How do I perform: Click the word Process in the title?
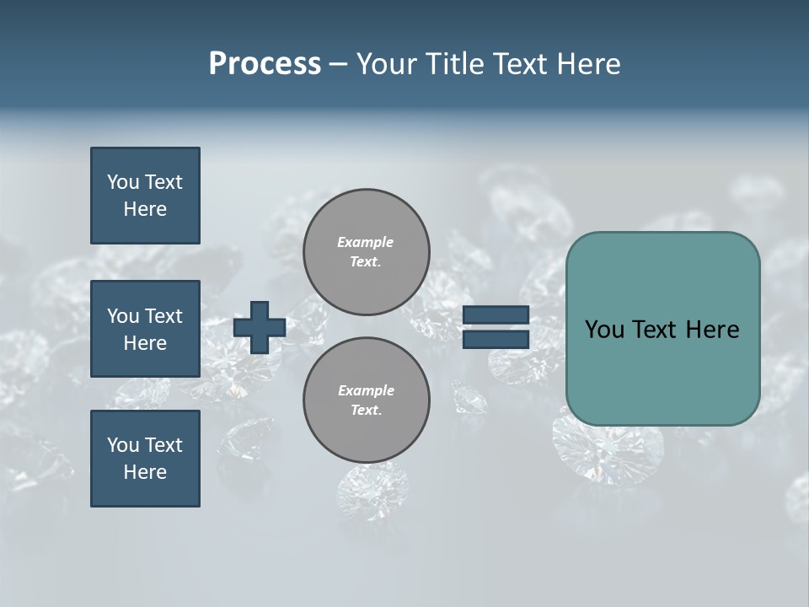coord(265,64)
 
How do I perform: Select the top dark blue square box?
coord(145,196)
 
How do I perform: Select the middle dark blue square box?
coord(145,329)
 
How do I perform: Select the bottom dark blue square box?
coord(145,459)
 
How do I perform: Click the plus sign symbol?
coord(260,327)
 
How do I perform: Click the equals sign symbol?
coord(496,327)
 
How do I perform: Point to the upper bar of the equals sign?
coord(496,315)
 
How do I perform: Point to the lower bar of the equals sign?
coord(496,339)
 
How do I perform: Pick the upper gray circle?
coord(366,251)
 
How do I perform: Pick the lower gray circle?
coord(366,400)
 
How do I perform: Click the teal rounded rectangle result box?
coord(662,329)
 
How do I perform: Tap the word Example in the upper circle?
coord(366,242)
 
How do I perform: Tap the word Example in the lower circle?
coord(366,390)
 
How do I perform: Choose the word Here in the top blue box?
coord(145,209)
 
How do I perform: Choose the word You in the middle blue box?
coord(122,316)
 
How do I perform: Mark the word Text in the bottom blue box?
coord(163,445)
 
